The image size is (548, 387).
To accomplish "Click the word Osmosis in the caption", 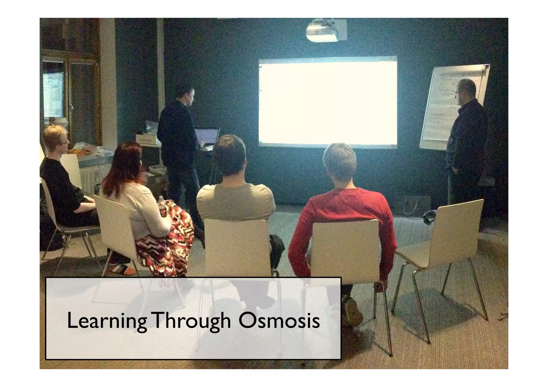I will (279, 321).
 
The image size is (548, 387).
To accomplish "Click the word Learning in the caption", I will (106, 322).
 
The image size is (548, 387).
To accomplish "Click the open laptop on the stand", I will (207, 137).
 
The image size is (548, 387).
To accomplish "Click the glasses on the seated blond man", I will (66, 143).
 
